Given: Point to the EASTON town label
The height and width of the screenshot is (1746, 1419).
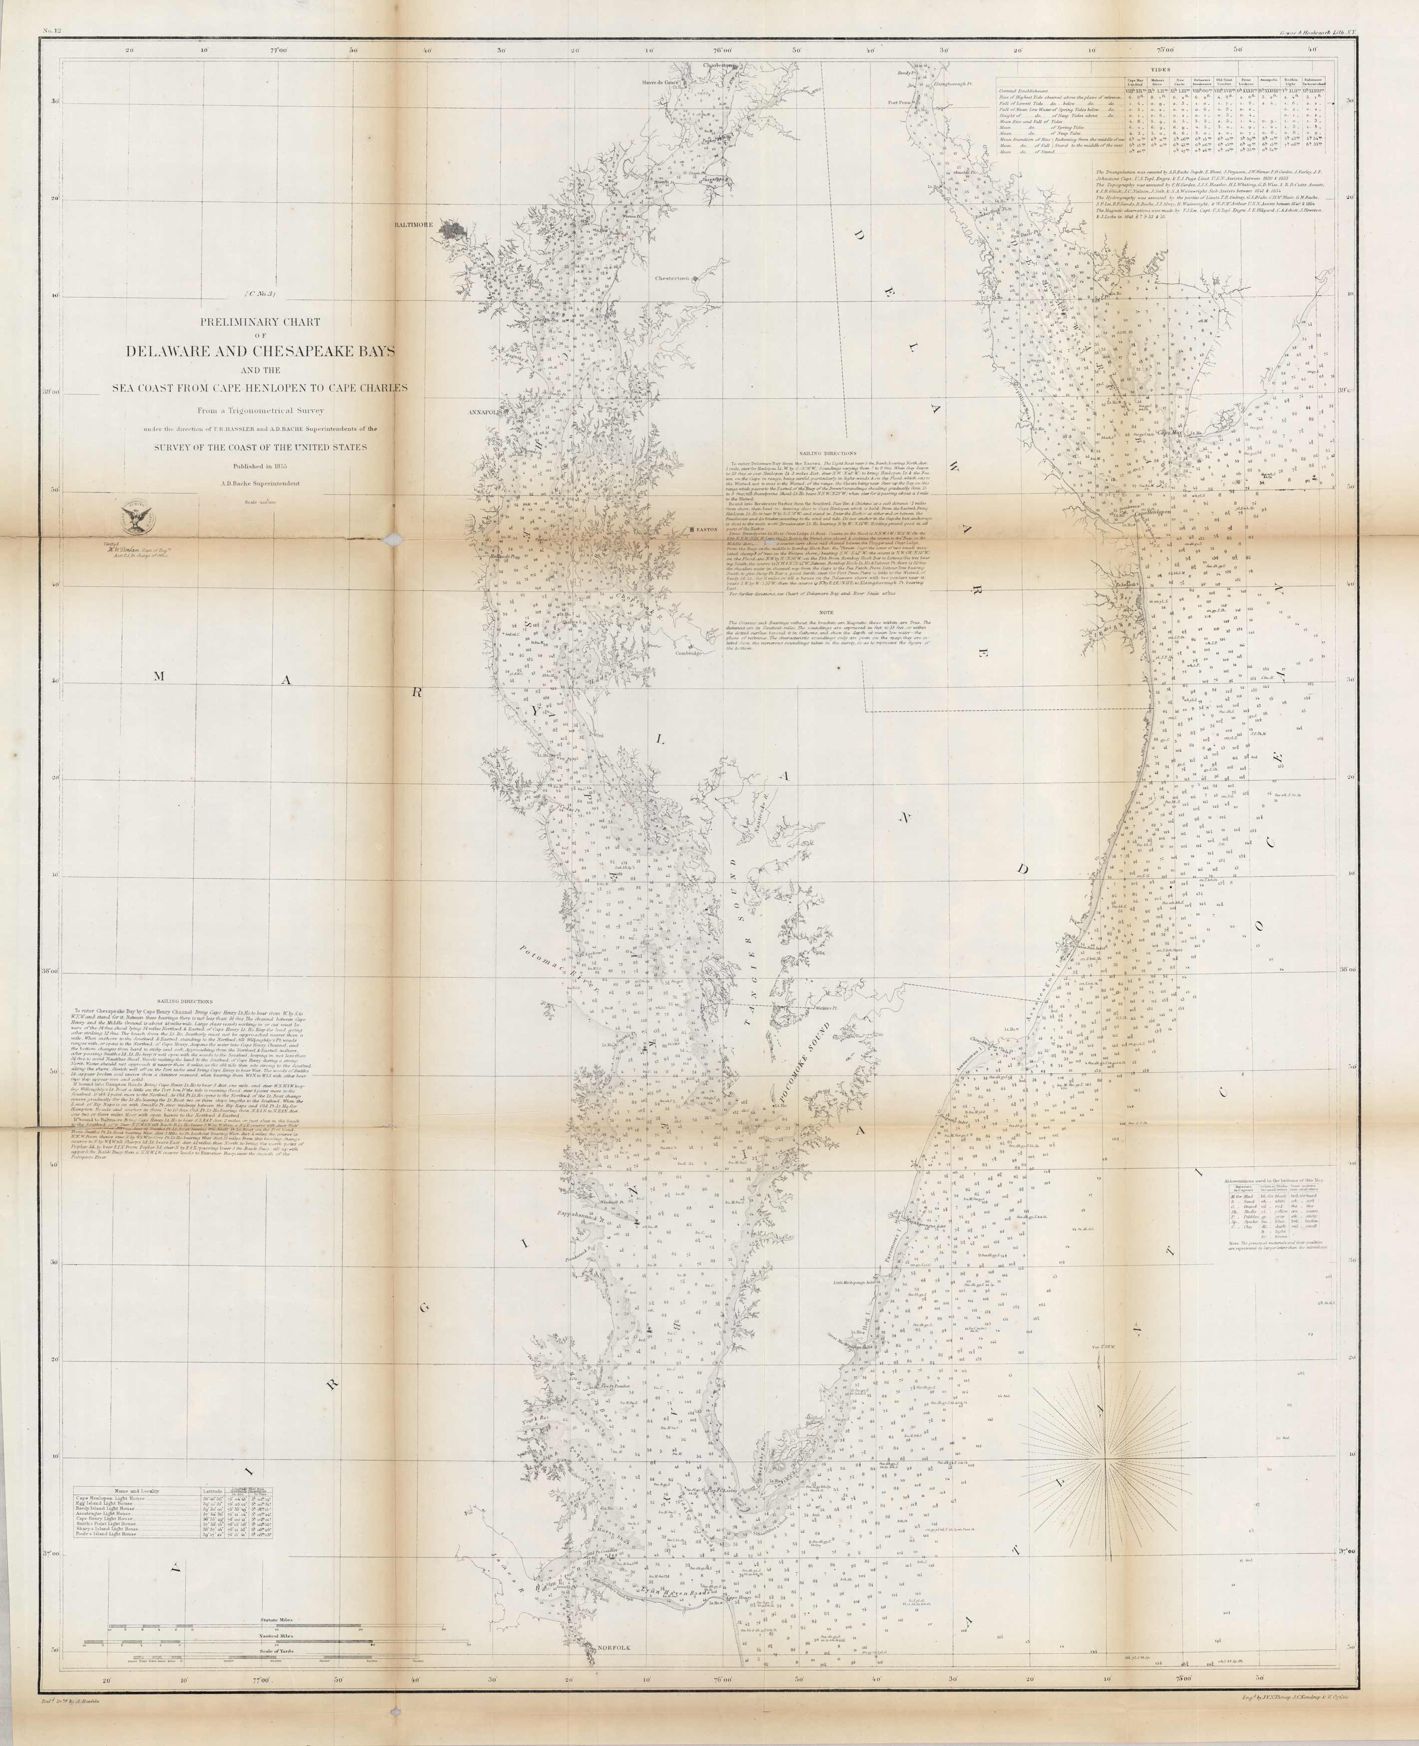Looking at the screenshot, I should pyautogui.click(x=707, y=529).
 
